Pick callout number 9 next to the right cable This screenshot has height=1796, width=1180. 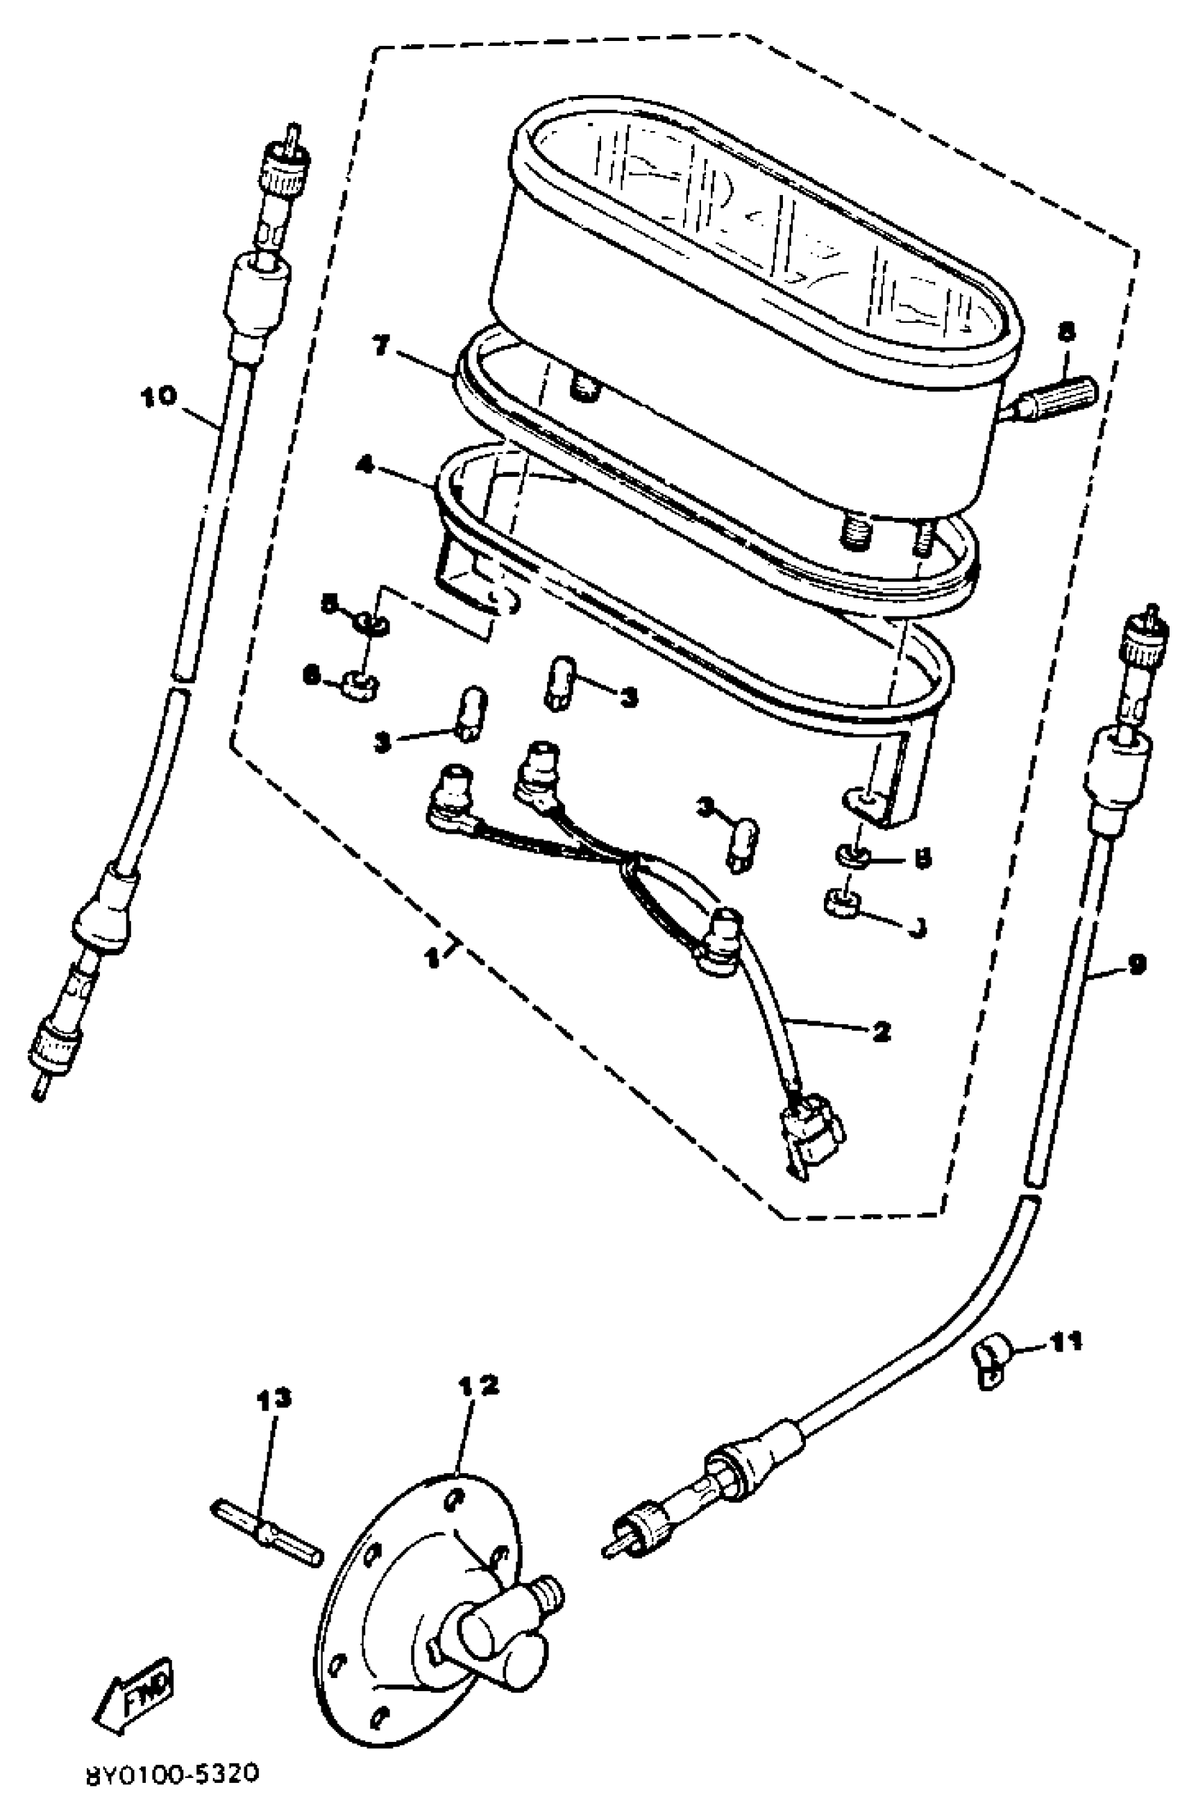point(1137,964)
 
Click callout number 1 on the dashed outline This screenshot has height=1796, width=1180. point(432,958)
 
